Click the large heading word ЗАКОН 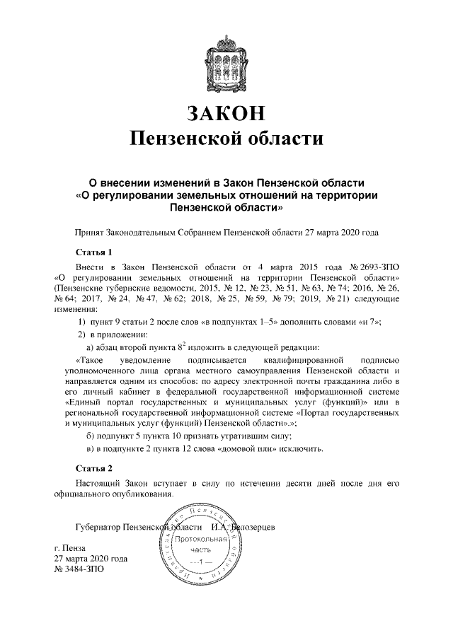(226, 114)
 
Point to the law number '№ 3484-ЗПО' (79, 568)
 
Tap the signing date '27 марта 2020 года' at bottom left (91, 558)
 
